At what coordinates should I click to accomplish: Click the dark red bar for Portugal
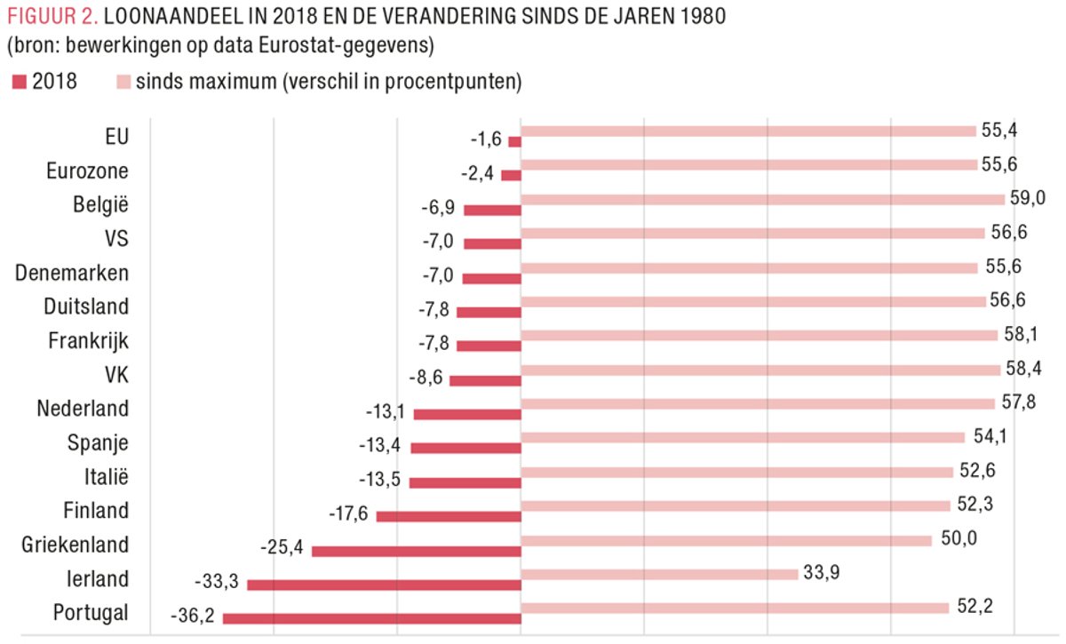tap(371, 619)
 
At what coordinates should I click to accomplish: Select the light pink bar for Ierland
tap(659, 574)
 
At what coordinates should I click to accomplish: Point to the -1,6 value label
tap(486, 139)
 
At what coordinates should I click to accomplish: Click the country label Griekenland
tap(76, 545)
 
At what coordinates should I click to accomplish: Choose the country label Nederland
tap(83, 409)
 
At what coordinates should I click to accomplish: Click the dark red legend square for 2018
tap(19, 83)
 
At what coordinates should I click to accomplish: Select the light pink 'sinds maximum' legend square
tap(123, 83)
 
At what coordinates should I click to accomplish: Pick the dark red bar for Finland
tap(449, 516)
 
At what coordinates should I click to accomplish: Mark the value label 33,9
tap(821, 570)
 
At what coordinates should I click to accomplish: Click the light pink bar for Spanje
tap(743, 437)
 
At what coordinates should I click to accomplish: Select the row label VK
tap(115, 375)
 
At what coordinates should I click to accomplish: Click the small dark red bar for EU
tap(514, 141)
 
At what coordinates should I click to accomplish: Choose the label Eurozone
tap(87, 171)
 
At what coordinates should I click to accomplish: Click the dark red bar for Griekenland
tap(416, 551)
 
